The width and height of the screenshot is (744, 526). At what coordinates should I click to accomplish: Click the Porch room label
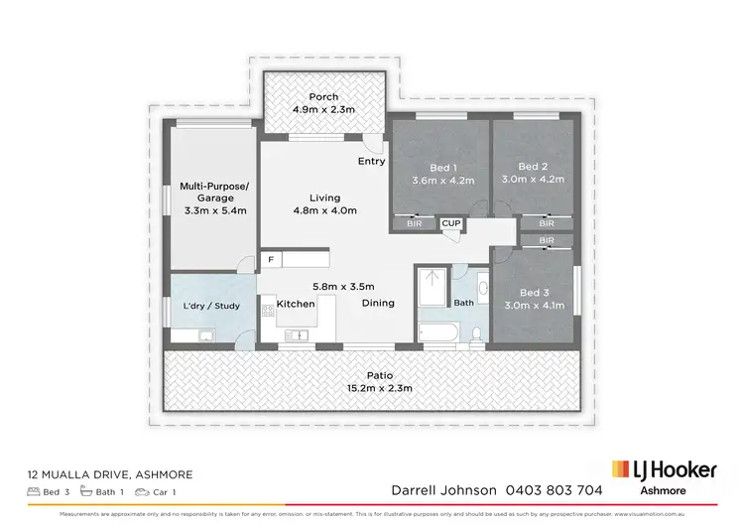tap(323, 97)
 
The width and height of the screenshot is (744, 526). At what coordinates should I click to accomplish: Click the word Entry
tap(372, 161)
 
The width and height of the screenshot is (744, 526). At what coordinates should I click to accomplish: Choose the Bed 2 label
tap(533, 167)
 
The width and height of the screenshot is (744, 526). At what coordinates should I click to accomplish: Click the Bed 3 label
tap(533, 292)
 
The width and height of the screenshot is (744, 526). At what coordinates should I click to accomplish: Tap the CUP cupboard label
tap(450, 224)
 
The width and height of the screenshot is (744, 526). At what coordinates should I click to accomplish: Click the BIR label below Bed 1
tap(414, 225)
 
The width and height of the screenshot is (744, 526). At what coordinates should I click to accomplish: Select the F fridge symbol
tap(269, 259)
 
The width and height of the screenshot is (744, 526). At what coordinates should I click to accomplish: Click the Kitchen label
tap(296, 303)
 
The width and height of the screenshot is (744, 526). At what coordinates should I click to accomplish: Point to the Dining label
tap(378, 303)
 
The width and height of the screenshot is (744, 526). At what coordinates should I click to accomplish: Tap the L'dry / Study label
tap(211, 306)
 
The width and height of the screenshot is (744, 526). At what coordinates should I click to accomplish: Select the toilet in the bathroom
tap(477, 332)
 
